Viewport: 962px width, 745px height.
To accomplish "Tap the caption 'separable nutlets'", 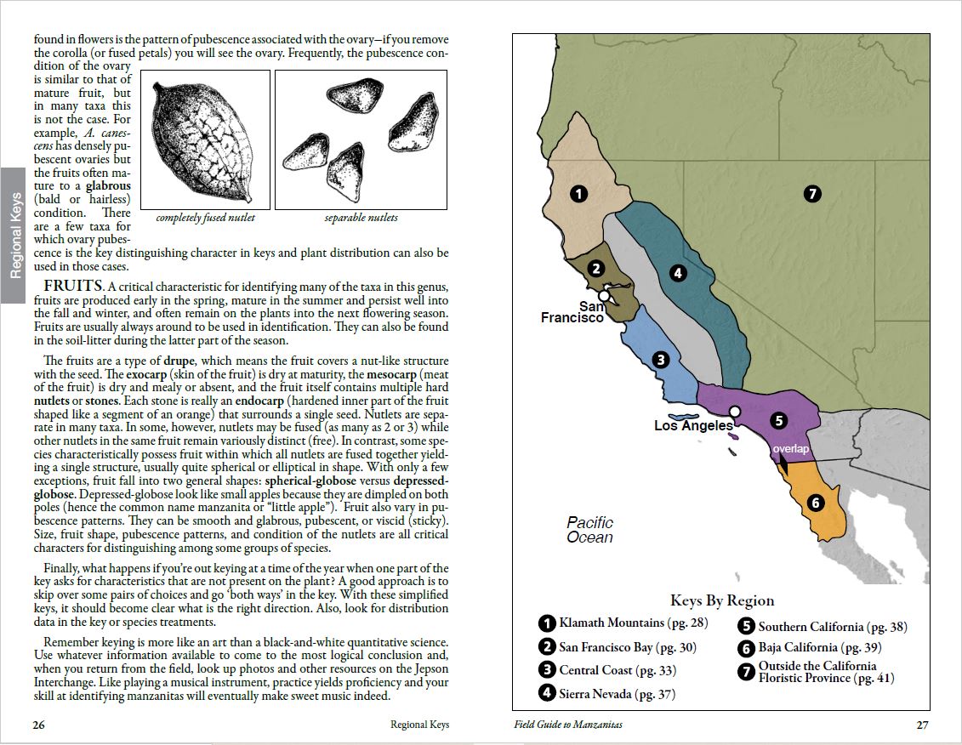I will tap(361, 218).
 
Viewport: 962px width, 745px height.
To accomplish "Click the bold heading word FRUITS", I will tap(72, 285).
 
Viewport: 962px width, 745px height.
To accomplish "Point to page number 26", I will tap(39, 725).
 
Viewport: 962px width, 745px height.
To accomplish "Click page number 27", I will tap(922, 725).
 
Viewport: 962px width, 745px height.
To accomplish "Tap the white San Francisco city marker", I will tap(603, 296).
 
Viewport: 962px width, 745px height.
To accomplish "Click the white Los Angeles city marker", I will tap(735, 411).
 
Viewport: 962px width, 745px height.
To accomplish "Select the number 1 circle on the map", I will tap(579, 194).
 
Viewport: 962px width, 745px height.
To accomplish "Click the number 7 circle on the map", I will tap(812, 194).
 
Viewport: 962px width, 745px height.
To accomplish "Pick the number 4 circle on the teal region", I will tap(678, 273).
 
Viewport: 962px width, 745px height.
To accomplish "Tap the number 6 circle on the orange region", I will tap(816, 503).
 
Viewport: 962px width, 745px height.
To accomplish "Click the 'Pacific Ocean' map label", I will tap(589, 530).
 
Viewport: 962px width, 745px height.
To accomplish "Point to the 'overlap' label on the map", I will tap(790, 448).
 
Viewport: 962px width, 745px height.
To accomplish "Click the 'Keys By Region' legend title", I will tap(721, 601).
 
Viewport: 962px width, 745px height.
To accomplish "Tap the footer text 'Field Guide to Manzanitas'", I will tap(568, 725).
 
